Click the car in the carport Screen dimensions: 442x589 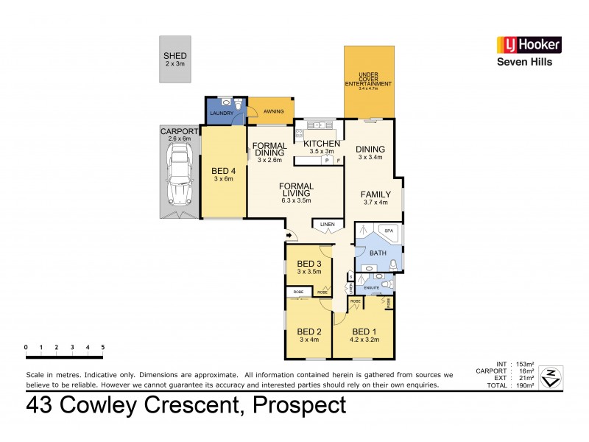[179, 174]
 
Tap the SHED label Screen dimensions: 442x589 [175, 56]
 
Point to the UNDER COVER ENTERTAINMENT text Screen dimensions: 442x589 [368, 80]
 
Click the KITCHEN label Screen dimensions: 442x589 [322, 144]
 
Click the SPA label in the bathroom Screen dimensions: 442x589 [389, 231]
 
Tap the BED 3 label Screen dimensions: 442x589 [309, 264]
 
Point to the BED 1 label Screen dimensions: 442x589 [364, 331]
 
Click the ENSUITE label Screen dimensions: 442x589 [371, 287]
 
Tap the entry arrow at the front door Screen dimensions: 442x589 [289, 236]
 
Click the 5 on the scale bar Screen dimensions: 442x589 [103, 347]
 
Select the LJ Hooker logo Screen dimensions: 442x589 [529, 45]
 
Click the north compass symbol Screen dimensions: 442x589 [550, 377]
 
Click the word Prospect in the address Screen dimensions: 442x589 [299, 405]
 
